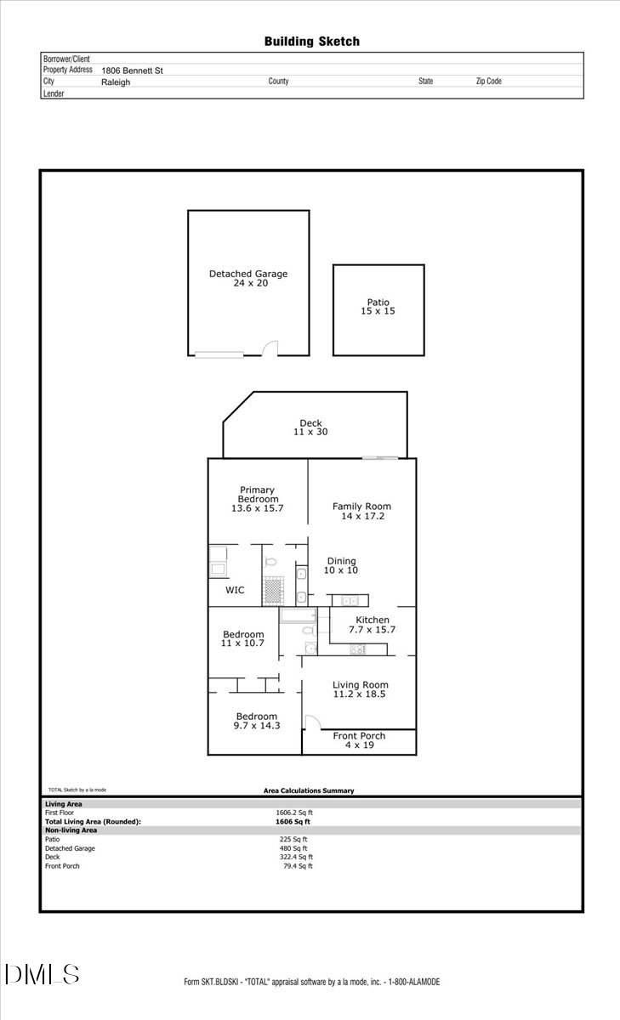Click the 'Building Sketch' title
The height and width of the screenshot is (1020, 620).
(x=311, y=41)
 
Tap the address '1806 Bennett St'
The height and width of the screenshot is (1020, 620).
(x=132, y=71)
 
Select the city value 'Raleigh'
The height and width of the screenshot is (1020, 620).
(x=116, y=82)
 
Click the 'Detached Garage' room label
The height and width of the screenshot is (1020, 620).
(x=248, y=274)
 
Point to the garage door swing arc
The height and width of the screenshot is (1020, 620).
(x=269, y=348)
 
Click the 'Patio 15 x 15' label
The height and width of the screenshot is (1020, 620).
(x=378, y=307)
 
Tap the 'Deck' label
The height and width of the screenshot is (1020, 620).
(x=310, y=423)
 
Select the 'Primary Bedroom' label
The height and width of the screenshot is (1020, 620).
(x=257, y=494)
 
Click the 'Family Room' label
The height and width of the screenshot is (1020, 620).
(x=361, y=507)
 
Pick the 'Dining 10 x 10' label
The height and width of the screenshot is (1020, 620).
(x=341, y=565)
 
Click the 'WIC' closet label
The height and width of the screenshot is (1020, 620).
(x=235, y=590)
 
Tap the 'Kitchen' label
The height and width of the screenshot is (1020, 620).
(x=373, y=620)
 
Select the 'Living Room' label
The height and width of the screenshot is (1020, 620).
(x=361, y=685)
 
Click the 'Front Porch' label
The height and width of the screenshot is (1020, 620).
(x=359, y=736)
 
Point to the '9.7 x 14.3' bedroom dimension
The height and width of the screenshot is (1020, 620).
(x=256, y=726)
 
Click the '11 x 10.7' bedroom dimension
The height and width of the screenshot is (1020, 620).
(x=243, y=643)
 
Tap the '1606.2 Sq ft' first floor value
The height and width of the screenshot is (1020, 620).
(x=293, y=813)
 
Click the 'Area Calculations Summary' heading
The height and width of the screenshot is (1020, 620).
(x=309, y=790)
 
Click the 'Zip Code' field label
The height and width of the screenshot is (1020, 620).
(x=488, y=82)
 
